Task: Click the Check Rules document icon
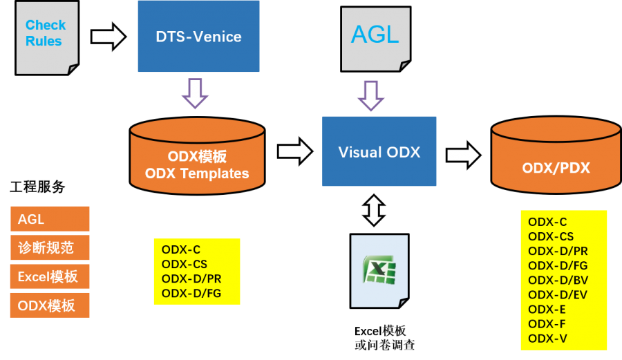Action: tap(46, 37)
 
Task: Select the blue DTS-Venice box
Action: tap(198, 37)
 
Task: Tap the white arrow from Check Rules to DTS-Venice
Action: tap(108, 37)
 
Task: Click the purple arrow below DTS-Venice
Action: tap(195, 93)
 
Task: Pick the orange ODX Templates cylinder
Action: tap(197, 156)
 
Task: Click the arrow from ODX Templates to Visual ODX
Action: tap(294, 151)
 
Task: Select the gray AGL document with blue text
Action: tap(375, 37)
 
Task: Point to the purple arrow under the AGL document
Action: tap(371, 95)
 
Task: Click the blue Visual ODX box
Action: tap(379, 151)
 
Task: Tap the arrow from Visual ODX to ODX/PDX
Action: tap(463, 155)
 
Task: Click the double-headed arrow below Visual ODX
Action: tap(374, 210)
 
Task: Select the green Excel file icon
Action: tap(379, 270)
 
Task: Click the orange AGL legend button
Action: tap(49, 219)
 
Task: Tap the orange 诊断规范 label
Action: tap(49, 247)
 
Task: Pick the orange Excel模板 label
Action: tap(49, 276)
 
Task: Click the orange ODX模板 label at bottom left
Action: tap(49, 305)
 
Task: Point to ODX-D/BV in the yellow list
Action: tap(557, 280)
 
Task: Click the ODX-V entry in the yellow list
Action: tap(547, 338)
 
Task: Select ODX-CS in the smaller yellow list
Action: tap(185, 264)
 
